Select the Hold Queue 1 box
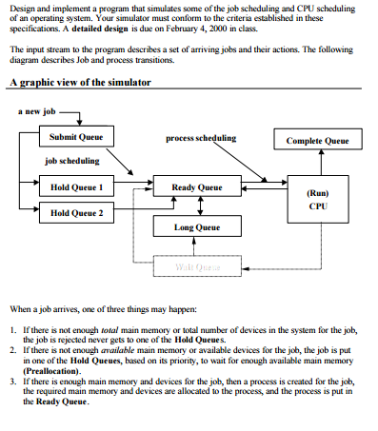coord(76,187)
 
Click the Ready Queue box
coord(197,187)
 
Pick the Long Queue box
coord(197,227)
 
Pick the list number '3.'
coord(11,379)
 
